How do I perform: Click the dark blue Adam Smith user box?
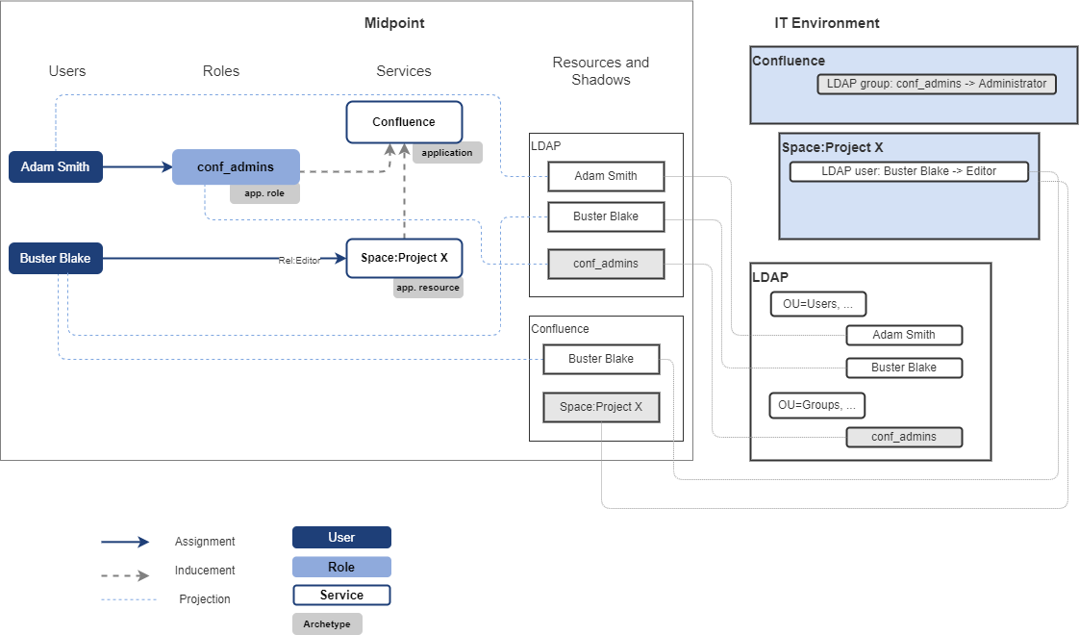tap(55, 166)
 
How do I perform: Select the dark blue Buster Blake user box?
tap(55, 259)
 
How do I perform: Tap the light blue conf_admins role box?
tap(236, 166)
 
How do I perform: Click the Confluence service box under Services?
tap(404, 122)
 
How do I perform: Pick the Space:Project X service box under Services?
tap(404, 258)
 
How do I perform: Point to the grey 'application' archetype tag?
tap(447, 152)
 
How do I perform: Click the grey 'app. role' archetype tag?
tap(264, 193)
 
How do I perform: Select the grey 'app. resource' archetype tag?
tap(428, 288)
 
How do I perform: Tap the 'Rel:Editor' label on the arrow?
tap(299, 260)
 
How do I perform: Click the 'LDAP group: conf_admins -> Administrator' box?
tap(937, 84)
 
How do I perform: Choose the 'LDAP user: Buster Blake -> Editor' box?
tap(909, 171)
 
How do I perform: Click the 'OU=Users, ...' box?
tap(817, 304)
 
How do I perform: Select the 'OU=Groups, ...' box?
tap(817, 405)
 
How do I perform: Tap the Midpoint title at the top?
tap(394, 23)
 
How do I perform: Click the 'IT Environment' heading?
tap(827, 23)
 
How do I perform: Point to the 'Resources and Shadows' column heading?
tap(600, 71)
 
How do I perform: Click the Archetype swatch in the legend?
tap(327, 624)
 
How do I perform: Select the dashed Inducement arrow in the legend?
tap(125, 575)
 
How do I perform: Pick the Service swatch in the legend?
tap(341, 596)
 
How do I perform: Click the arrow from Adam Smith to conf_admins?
tap(138, 166)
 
